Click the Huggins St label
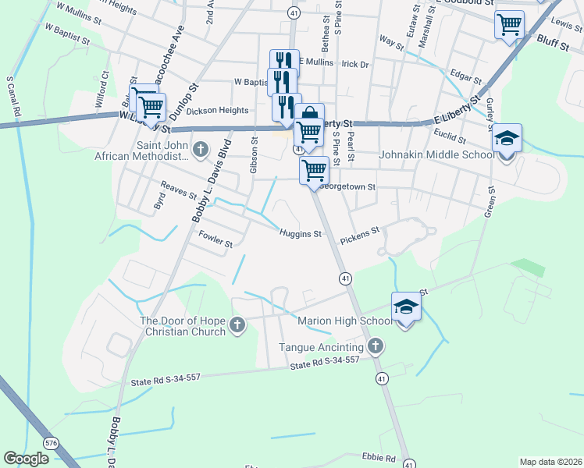point(301,233)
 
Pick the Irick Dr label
point(354,64)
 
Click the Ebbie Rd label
point(379,458)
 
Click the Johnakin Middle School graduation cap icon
point(507,139)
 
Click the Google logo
point(27,459)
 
